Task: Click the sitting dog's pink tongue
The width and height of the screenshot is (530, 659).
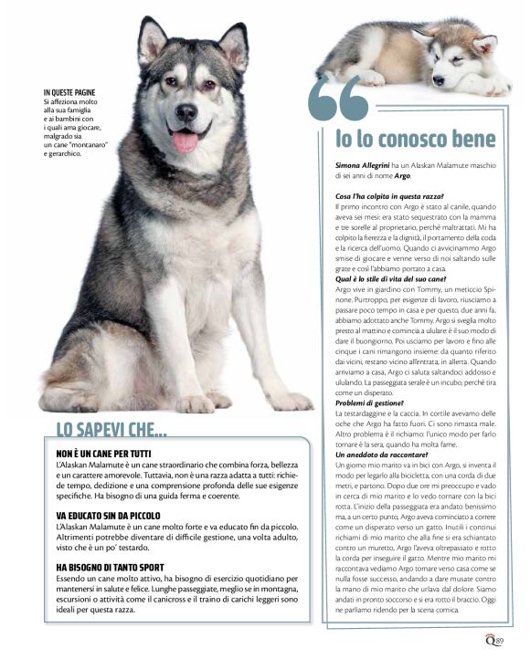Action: pyautogui.click(x=185, y=141)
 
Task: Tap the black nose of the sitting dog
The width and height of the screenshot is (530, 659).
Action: pyautogui.click(x=185, y=112)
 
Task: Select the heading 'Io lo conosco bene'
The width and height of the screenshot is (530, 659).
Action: pyautogui.click(x=415, y=140)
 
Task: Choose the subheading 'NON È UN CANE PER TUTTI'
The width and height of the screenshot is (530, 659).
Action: pyautogui.click(x=102, y=454)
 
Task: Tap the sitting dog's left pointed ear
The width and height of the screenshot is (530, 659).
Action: pyautogui.click(x=152, y=41)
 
